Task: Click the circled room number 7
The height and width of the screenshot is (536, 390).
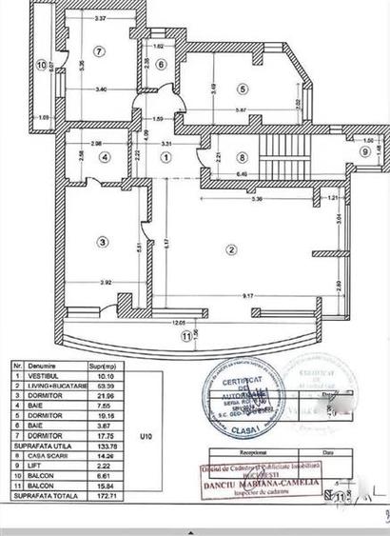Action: click(x=98, y=50)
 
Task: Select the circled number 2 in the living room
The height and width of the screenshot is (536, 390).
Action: click(x=230, y=249)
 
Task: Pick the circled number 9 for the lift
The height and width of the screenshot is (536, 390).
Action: click(x=364, y=150)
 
